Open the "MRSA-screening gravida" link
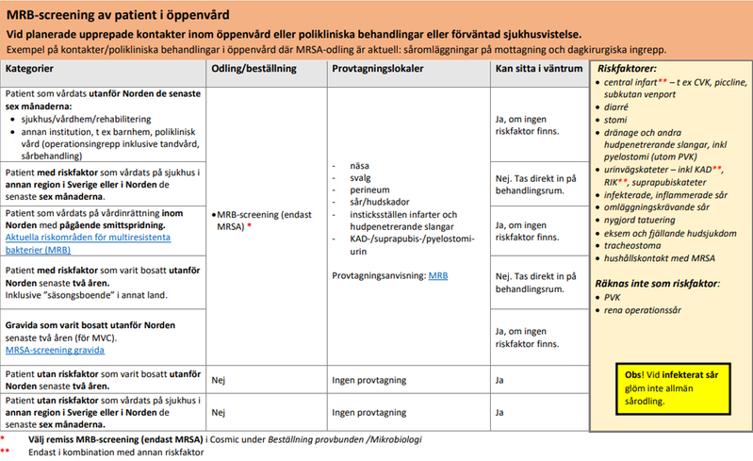tap(55, 350)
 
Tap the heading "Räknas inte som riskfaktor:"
tap(657, 283)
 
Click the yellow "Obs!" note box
tap(665, 387)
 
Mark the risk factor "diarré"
tap(618, 107)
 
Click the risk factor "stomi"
tap(616, 121)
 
